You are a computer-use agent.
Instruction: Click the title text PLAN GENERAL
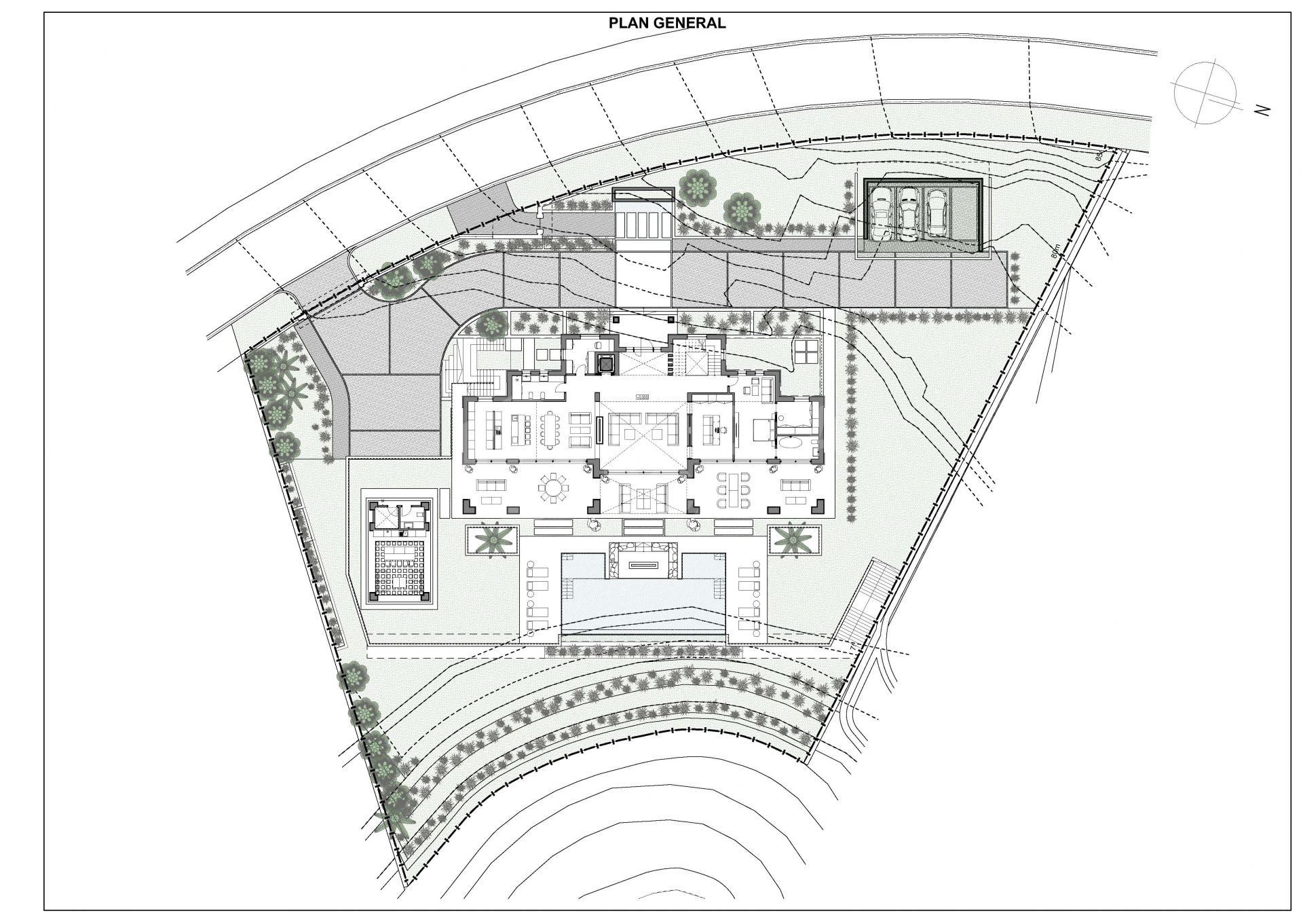click(x=666, y=23)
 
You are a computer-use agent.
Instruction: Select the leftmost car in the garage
click(x=882, y=213)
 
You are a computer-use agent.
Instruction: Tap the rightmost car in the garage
click(x=936, y=212)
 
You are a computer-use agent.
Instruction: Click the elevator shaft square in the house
click(x=604, y=363)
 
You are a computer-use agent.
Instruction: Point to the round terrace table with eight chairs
click(x=554, y=487)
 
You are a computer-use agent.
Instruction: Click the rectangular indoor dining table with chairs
click(x=549, y=429)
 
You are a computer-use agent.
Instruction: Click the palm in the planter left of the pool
click(x=493, y=540)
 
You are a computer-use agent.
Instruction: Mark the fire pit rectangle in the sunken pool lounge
click(x=642, y=565)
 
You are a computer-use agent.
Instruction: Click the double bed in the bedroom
click(x=761, y=430)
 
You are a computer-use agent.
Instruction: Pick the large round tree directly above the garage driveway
click(x=698, y=187)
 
